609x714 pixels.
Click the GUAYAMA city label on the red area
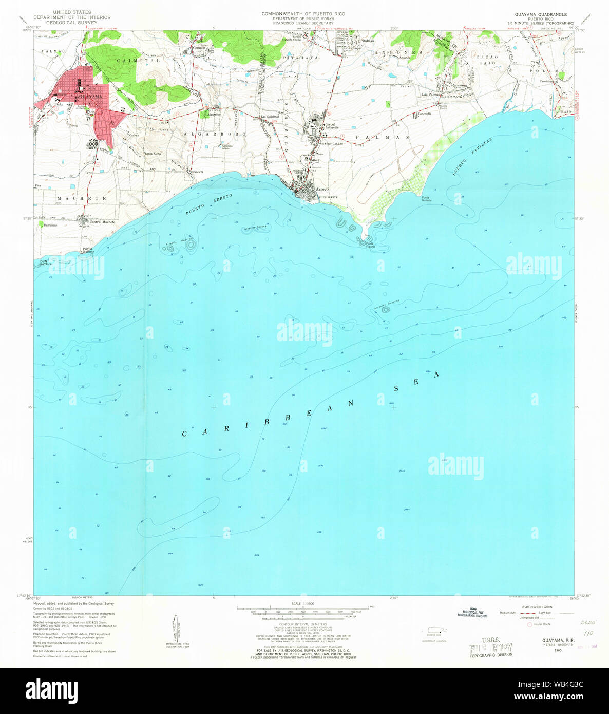point(88,96)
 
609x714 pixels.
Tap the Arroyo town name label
point(322,189)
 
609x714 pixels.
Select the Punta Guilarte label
point(426,199)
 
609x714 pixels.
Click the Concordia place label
point(425,113)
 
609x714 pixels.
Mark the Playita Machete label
point(88,250)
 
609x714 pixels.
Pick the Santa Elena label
point(153,154)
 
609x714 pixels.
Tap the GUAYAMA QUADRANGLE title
point(540,14)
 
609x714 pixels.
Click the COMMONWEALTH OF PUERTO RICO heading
point(303,14)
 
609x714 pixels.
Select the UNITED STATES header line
point(72,12)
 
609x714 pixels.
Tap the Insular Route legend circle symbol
point(530,624)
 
